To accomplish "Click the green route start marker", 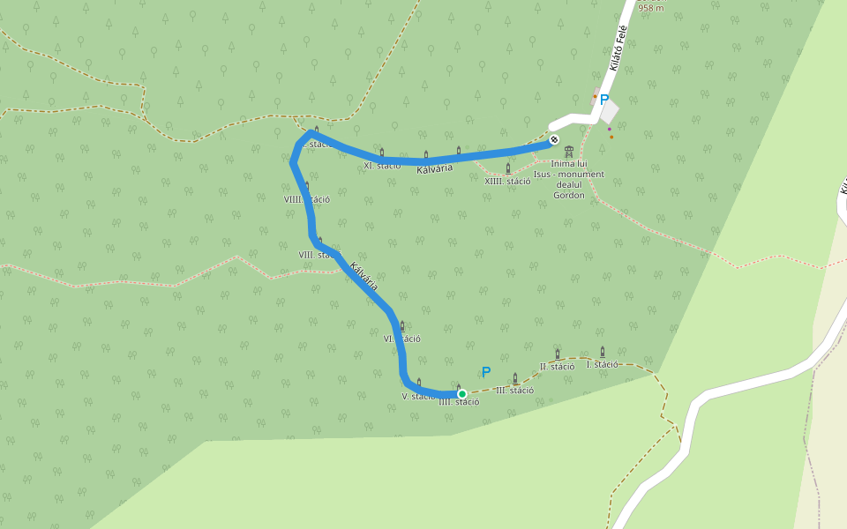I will tap(461, 394).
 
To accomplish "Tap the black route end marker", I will tap(554, 139).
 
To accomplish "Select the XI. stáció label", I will tap(382, 165).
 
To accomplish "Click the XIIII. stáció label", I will tap(507, 182).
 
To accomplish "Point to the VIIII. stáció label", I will tap(307, 199).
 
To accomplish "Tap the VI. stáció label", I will tap(401, 339).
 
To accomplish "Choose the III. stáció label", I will tap(514, 390).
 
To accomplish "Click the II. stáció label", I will tap(557, 366).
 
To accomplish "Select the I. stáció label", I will tap(603, 364).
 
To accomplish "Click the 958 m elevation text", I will tap(650, 8).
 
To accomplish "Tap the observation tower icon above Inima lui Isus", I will tap(568, 152).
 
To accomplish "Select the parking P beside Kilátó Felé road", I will tap(604, 101).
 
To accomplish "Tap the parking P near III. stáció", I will tap(486, 373).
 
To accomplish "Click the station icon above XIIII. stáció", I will tap(508, 168).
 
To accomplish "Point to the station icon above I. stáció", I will tap(603, 352).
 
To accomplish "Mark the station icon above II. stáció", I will tap(557, 354).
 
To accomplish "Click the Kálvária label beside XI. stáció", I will tap(435, 168).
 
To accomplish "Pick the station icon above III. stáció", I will tap(515, 377).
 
